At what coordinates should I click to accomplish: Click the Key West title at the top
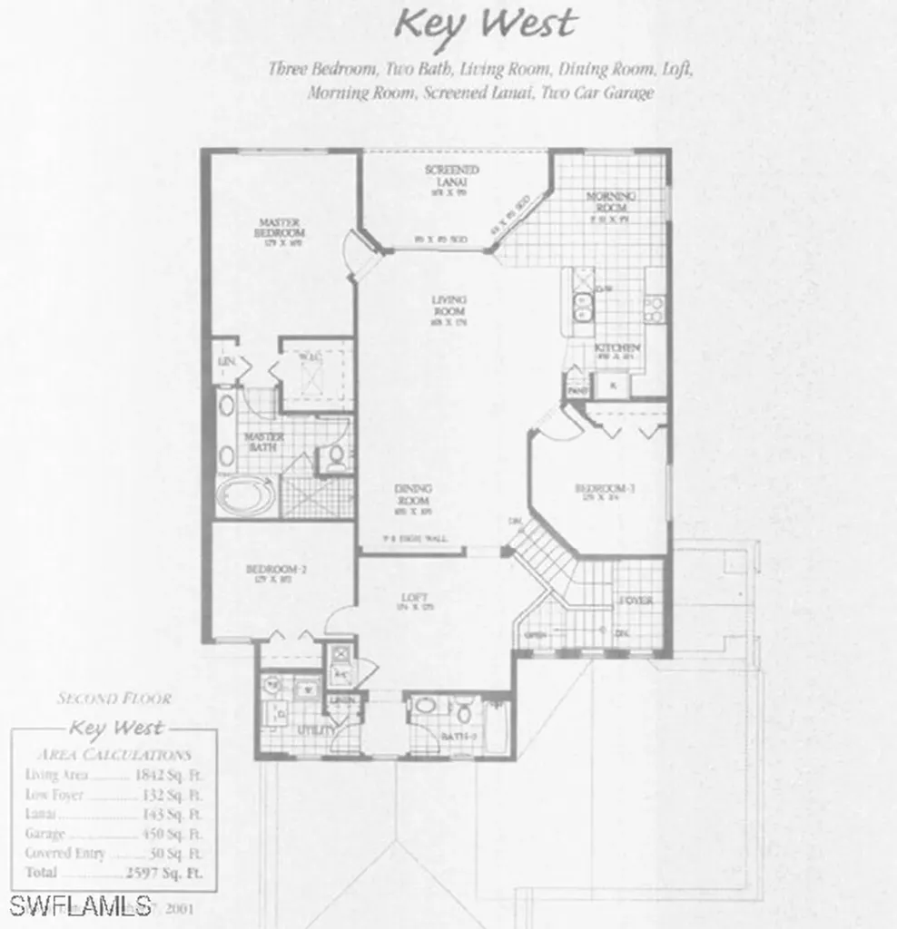[486, 24]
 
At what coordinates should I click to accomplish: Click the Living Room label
[449, 306]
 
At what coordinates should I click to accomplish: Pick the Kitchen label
[617, 348]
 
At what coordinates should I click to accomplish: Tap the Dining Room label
[412, 494]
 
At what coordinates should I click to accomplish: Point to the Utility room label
[316, 729]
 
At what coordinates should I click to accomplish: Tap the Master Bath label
[265, 442]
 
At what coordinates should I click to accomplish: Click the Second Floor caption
[114, 699]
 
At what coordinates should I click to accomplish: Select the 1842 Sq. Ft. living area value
[169, 775]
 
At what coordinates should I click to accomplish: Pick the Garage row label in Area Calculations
[44, 834]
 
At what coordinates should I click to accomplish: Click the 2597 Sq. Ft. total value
[163, 873]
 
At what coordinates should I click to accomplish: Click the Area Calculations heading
[113, 754]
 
